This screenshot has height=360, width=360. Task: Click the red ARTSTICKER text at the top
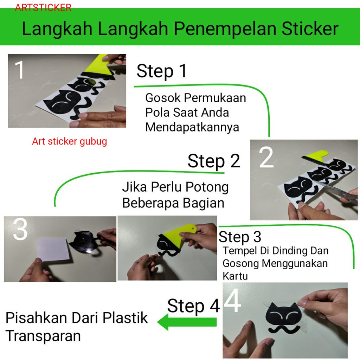pos(43,8)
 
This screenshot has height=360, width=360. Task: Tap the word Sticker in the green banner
pos(310,28)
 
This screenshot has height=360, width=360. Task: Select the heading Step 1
pos(162,71)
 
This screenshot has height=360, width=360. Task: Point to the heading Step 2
pos(214,161)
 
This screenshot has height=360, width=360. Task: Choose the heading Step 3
pos(240,237)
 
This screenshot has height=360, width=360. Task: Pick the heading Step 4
pos(194,306)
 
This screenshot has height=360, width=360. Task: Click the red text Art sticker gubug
pos(69,142)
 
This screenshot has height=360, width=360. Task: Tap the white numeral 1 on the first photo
pos(20,70)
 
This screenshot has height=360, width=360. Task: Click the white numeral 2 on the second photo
pos(266,157)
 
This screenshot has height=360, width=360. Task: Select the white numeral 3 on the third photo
pos(20,229)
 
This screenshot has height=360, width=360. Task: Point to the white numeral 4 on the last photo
pos(232,301)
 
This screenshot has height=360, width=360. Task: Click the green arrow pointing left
pos(187,322)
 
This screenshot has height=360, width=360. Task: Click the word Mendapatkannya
pos(192,128)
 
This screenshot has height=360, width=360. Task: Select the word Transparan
pos(43,336)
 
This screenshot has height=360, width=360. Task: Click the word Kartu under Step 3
pos(235,276)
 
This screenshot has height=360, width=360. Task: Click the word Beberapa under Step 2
pos(150,204)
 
